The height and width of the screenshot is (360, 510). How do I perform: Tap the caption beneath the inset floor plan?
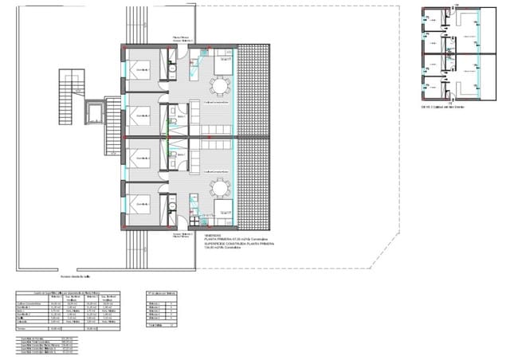[442, 107]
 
